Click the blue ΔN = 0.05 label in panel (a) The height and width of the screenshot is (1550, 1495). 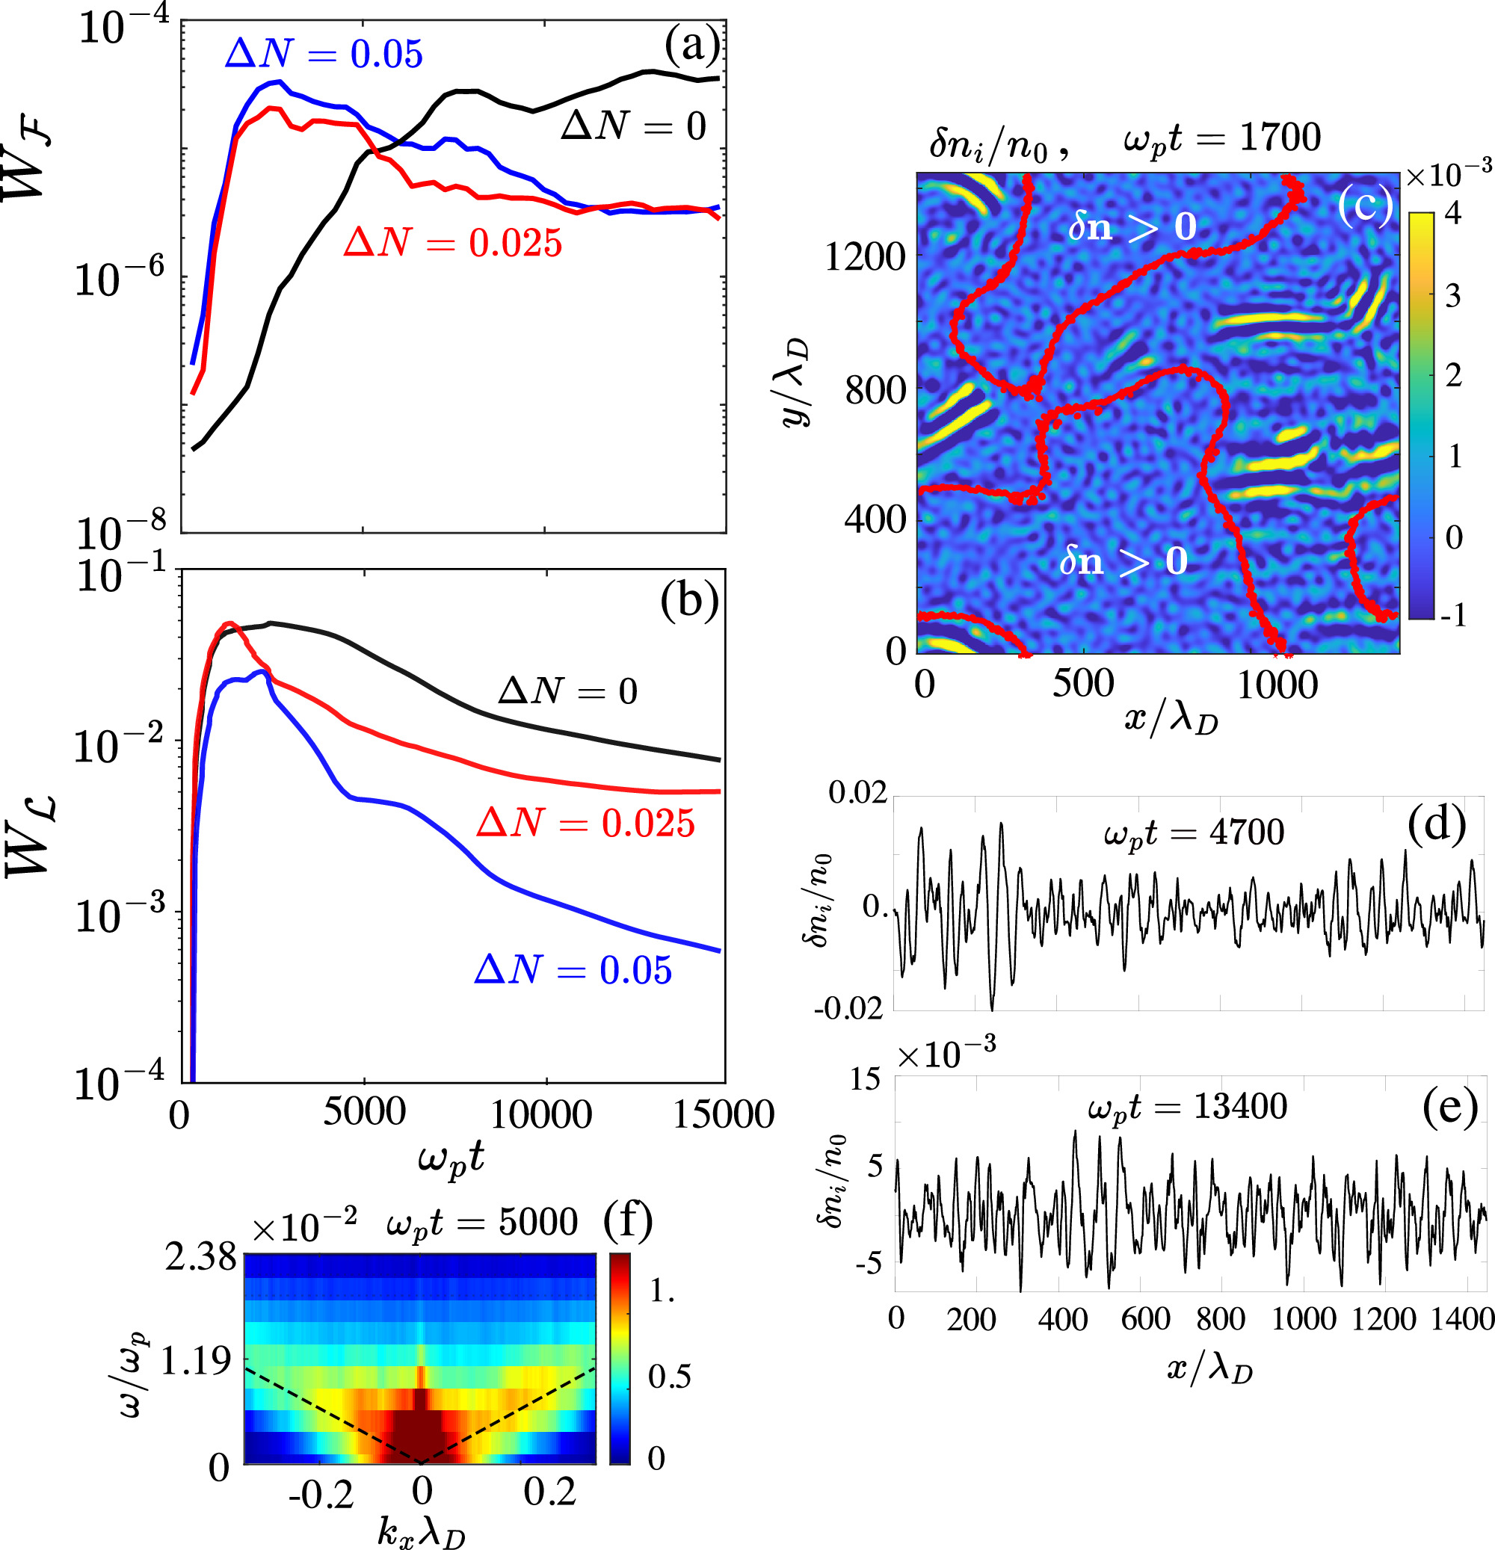[x=324, y=54]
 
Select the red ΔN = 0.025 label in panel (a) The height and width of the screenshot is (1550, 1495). [x=452, y=243]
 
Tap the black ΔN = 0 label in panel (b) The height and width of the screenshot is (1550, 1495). [x=567, y=691]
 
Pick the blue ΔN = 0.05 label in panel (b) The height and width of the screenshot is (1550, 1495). [x=573, y=970]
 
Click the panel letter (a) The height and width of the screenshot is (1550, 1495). [x=692, y=46]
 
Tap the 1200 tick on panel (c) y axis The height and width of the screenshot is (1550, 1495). [x=865, y=257]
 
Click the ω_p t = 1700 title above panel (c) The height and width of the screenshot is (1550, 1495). [x=1222, y=138]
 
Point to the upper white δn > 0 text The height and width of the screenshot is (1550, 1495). [x=1132, y=227]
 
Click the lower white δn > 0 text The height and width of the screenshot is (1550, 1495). [x=1123, y=561]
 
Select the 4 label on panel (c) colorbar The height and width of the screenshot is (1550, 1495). [x=1453, y=214]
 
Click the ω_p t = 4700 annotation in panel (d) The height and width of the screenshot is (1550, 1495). [x=1194, y=833]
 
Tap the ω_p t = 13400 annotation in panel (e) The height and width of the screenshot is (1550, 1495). [x=1187, y=1106]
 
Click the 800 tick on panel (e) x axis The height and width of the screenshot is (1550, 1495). [x=1221, y=1319]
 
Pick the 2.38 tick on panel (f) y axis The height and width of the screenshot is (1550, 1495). [x=200, y=1256]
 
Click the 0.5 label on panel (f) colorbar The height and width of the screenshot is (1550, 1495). [x=669, y=1376]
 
